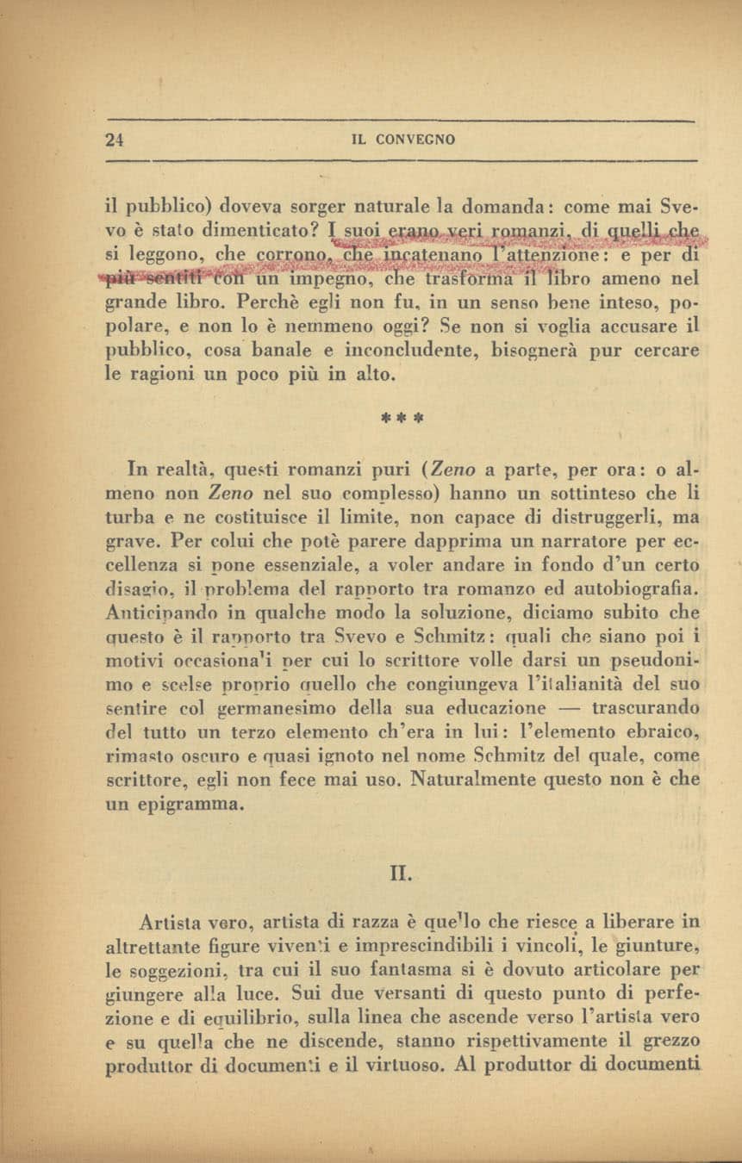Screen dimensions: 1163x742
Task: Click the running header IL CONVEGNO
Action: [404, 140]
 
